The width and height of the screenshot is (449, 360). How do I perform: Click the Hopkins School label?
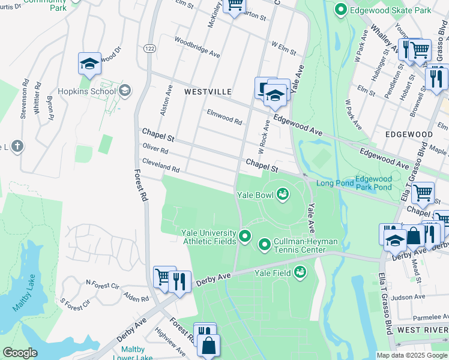pos(86,91)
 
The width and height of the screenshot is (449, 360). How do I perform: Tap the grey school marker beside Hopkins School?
pos(125,91)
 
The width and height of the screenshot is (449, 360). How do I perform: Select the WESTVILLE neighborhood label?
pos(208,91)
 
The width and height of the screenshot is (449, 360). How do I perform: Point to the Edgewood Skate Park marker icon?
pos(341,10)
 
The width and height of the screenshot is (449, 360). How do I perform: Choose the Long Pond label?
pos(333,182)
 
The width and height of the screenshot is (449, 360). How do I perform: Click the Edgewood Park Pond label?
pos(373,183)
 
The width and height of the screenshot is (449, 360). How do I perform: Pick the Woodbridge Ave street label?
pos(197,48)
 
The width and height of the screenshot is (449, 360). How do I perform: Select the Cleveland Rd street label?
pos(160,165)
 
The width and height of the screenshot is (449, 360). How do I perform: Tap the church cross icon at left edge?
pos(17,146)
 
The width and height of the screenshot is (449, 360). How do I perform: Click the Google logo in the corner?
pos(20,353)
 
